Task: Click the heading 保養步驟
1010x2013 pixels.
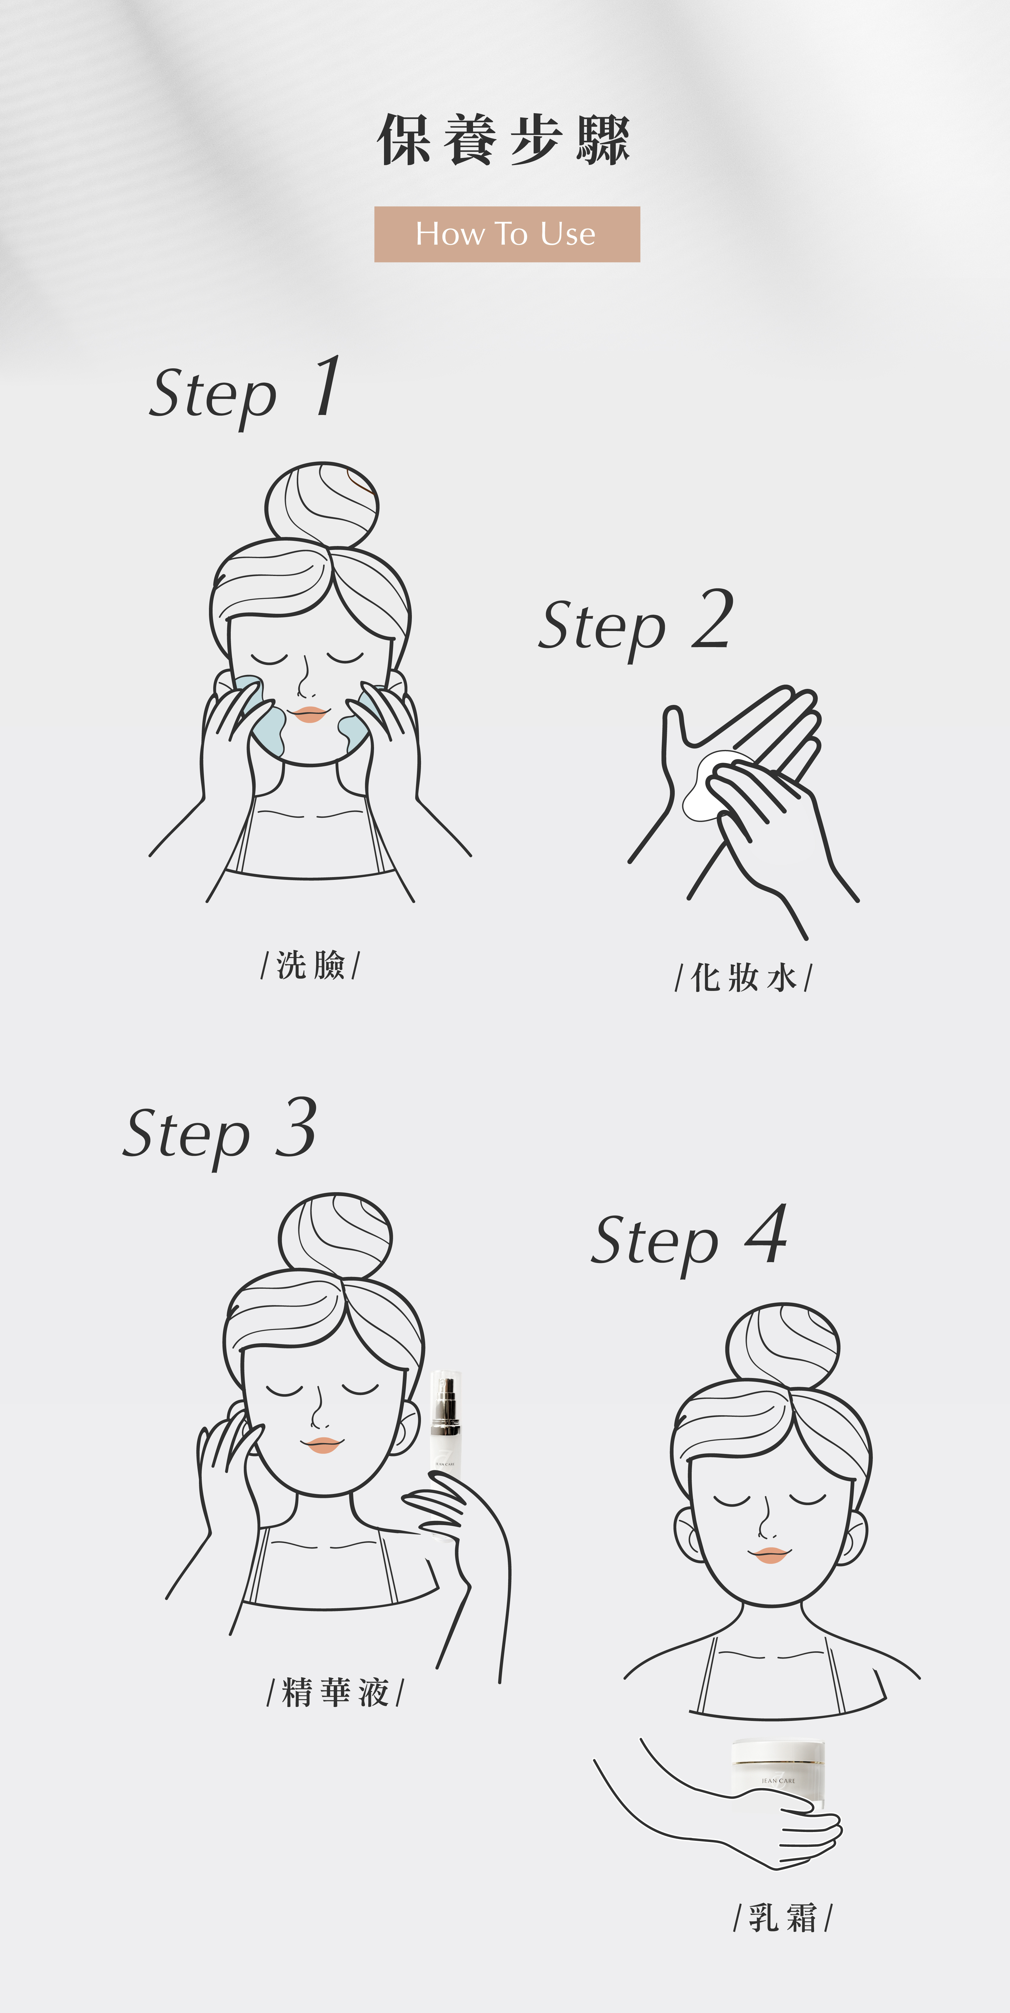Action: pyautogui.click(x=504, y=140)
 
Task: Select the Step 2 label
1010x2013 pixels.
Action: pyautogui.click(x=636, y=623)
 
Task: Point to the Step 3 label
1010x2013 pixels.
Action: pyautogui.click(x=220, y=1132)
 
